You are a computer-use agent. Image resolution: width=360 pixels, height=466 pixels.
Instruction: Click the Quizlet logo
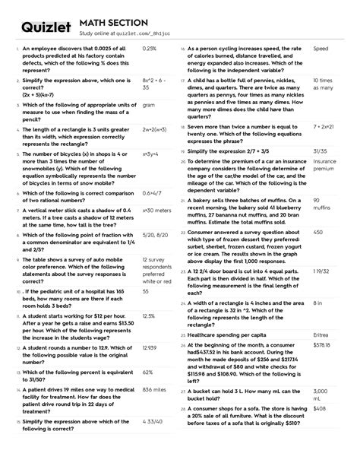tap(46, 27)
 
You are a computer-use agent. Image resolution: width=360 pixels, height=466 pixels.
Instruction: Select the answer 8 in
tap(318, 303)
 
